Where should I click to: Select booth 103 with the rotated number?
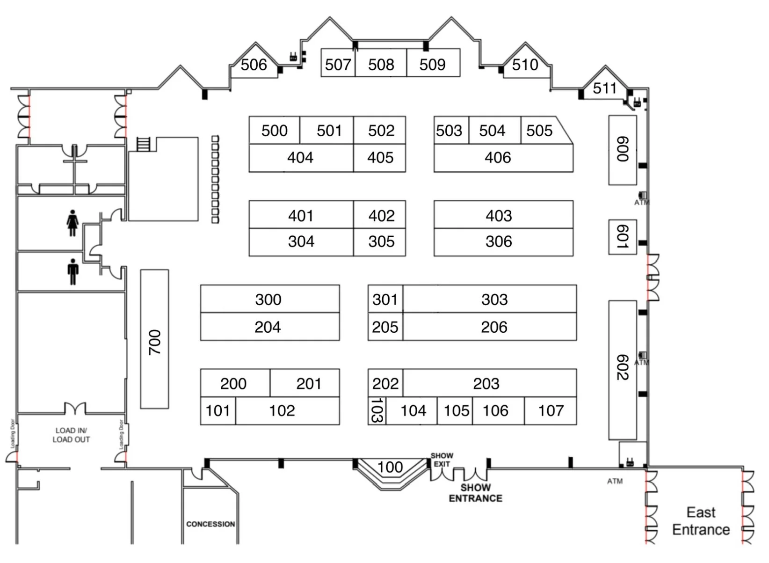[x=377, y=410]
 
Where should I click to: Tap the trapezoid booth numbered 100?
[x=390, y=468]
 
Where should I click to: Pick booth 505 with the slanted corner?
[x=543, y=131]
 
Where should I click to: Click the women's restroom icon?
[x=72, y=223]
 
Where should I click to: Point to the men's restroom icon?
[x=73, y=271]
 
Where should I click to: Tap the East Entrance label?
[x=701, y=521]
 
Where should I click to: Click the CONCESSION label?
[x=210, y=524]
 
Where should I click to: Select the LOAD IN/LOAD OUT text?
[x=71, y=435]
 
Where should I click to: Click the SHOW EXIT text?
[x=442, y=460]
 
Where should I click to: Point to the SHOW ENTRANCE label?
[x=475, y=493]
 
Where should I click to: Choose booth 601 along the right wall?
[x=622, y=237]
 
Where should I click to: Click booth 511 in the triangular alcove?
[x=604, y=88]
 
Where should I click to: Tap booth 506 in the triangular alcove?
[x=254, y=65]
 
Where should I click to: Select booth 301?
[x=385, y=299]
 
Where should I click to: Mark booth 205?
[x=385, y=327]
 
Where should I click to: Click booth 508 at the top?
[x=381, y=64]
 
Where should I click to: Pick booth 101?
[x=218, y=411]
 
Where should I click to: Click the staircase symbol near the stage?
[x=143, y=144]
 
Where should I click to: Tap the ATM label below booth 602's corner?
[x=615, y=481]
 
